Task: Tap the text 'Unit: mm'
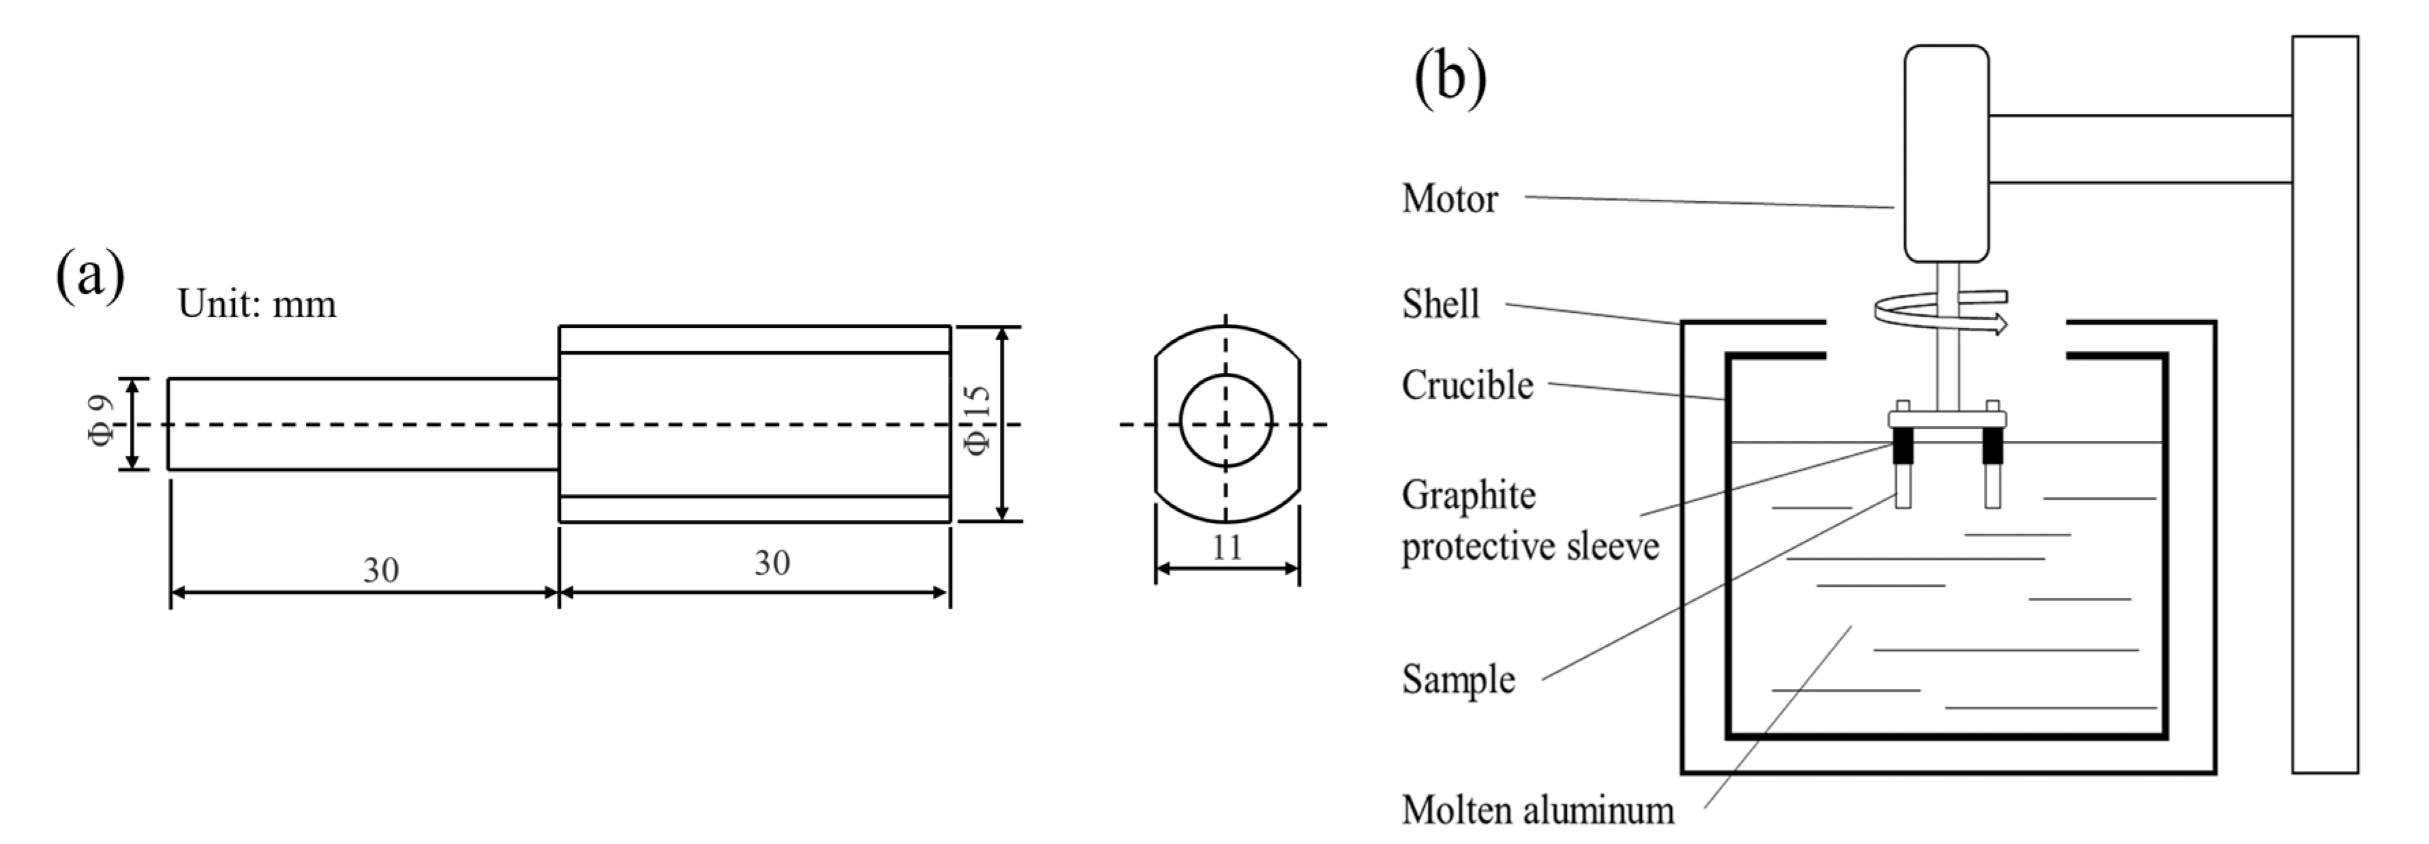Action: point(256,305)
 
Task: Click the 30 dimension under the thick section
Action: point(772,563)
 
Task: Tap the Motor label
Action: point(1450,199)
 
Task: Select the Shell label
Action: point(1440,305)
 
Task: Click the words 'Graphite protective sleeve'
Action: point(1529,521)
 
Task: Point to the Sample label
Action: point(1458,679)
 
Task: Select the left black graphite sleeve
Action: point(1904,448)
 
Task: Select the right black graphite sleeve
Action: point(1991,448)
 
